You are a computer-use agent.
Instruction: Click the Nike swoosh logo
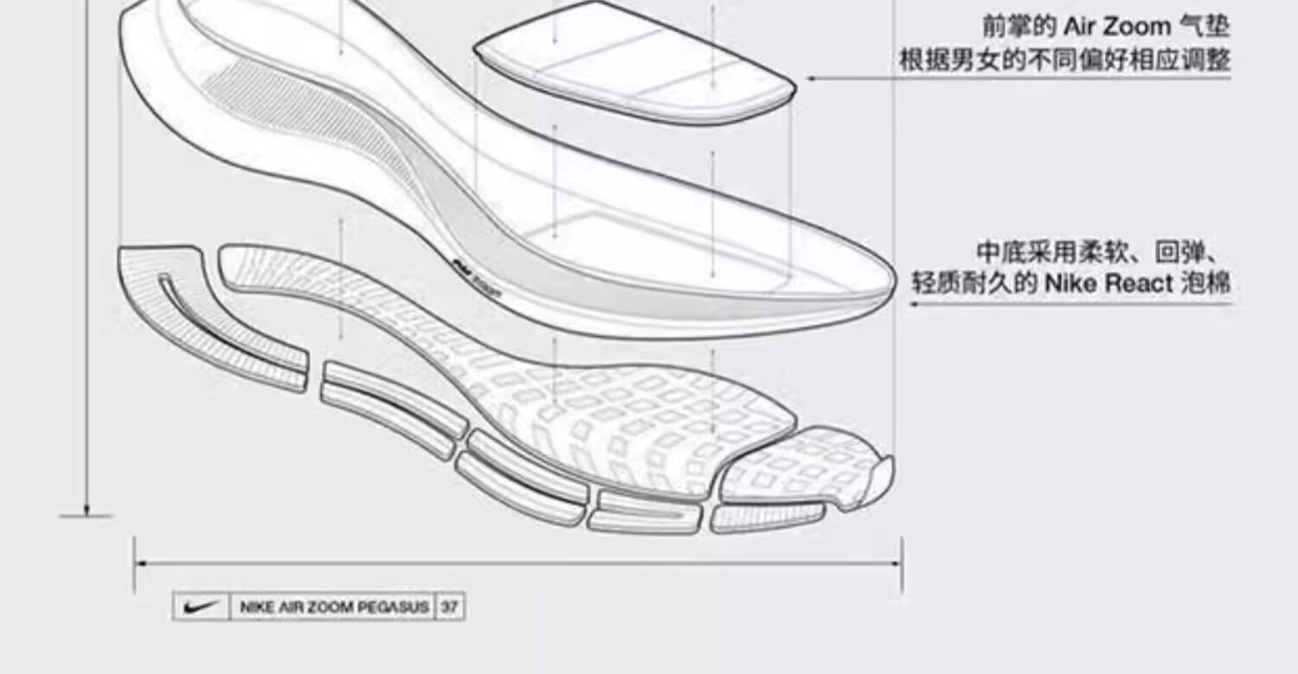(200, 607)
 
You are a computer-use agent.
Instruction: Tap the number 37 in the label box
(448, 607)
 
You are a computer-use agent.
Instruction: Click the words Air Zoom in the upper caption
(1116, 26)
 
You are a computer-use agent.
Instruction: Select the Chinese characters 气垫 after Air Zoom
(1205, 26)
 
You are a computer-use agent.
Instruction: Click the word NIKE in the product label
(256, 607)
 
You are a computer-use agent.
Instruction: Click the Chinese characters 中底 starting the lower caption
(1002, 253)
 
